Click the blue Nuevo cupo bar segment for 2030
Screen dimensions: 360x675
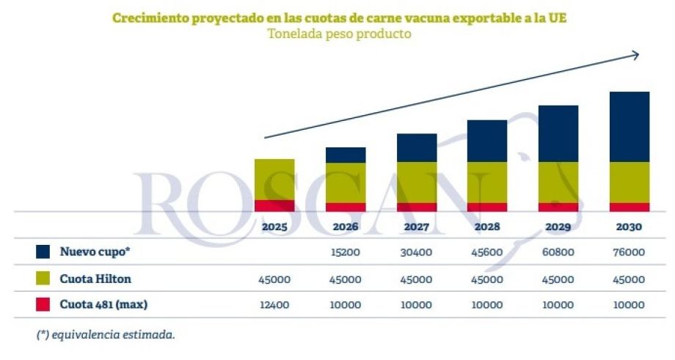630,126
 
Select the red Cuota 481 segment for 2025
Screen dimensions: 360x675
274,205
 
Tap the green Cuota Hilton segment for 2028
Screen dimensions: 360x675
487,182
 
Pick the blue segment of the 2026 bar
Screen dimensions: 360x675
346,155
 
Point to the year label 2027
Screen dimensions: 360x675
416,227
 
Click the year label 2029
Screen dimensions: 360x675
558,227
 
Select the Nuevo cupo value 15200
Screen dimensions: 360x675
345,251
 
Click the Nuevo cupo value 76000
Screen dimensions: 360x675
629,251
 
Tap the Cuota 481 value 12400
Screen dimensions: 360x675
274,304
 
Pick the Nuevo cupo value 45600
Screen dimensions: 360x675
487,251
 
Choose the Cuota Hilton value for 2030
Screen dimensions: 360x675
629,279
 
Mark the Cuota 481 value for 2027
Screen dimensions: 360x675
416,304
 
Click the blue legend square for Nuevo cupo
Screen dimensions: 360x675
43,251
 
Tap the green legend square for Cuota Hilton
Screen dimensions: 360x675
43,279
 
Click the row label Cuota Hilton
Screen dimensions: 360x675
95,279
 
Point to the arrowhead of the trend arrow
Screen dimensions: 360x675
635,54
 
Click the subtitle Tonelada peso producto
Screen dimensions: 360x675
338,34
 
